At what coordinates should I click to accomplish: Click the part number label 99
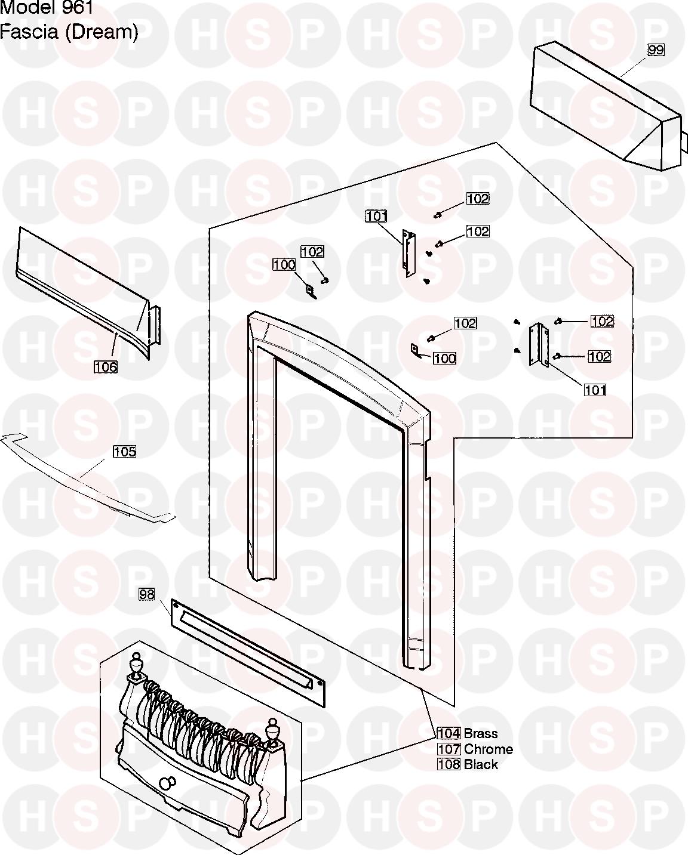pos(656,50)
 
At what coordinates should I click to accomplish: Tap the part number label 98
pos(147,594)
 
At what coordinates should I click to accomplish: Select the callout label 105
pos(124,452)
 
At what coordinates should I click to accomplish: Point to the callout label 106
pos(106,367)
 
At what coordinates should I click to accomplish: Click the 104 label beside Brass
pos(449,733)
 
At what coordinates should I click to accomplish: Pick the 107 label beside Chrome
pos(449,749)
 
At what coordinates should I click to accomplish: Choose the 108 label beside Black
pos(449,764)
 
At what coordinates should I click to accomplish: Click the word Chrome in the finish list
pos(489,749)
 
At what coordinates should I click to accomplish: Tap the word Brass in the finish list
pos(481,733)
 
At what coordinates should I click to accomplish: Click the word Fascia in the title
pos(29,32)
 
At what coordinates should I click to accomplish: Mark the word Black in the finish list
pos(481,764)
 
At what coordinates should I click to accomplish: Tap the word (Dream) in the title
pos(101,32)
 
